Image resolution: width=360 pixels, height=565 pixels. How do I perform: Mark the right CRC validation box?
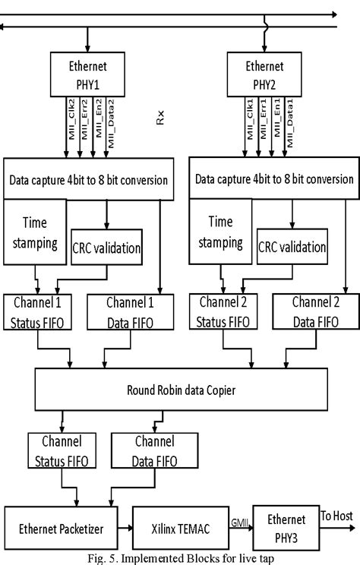tap(292, 248)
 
